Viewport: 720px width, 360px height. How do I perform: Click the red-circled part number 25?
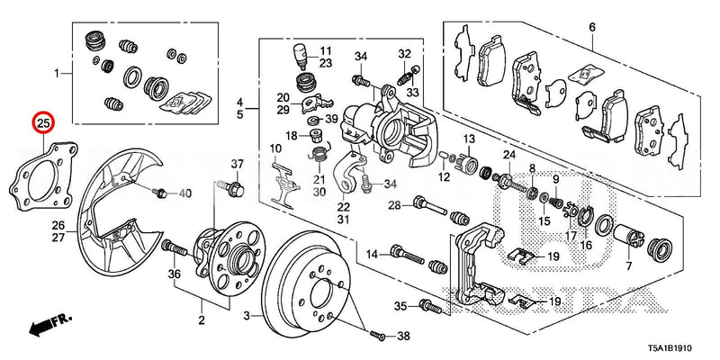coord(42,121)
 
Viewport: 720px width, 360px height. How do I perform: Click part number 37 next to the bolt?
coord(238,164)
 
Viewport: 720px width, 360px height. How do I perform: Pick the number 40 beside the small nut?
coord(184,193)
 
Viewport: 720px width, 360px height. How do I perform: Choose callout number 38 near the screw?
coord(402,337)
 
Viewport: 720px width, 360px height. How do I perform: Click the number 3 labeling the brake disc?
coord(245,315)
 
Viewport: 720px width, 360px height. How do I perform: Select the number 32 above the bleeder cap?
coord(405,53)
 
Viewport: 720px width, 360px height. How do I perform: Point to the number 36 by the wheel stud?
coord(175,274)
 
